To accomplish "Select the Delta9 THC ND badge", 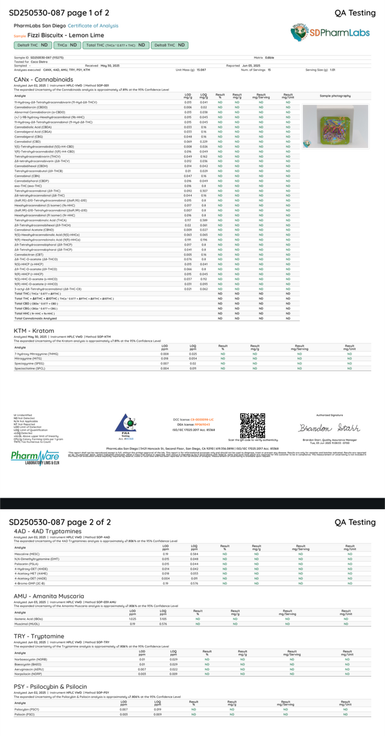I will pos(33,45).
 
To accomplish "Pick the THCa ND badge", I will pos(67,45).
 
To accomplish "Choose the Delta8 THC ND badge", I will pos(170,45).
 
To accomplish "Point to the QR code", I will pos(252,426).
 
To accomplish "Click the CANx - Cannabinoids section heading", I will pos(40,79).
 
